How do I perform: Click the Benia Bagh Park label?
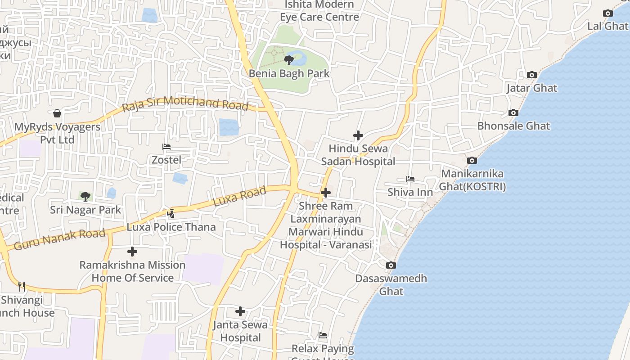point(289,73)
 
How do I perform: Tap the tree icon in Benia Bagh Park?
point(288,60)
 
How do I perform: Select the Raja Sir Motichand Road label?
point(185,103)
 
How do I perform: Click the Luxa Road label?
point(239,197)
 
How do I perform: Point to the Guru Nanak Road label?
point(59,239)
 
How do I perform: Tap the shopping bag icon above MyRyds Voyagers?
point(57,113)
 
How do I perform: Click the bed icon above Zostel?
point(166,147)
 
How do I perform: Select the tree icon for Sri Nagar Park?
point(85,197)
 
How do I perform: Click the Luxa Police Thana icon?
point(171,214)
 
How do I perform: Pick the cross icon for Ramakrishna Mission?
point(132,252)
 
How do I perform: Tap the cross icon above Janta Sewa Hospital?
point(240,311)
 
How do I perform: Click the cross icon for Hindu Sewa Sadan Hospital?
point(358,135)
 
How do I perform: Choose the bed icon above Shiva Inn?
point(410,179)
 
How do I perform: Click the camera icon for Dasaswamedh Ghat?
point(391,265)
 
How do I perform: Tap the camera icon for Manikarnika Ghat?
point(472,161)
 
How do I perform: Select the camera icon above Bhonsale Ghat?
point(513,113)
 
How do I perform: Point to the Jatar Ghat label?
point(531,88)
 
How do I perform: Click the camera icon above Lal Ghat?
point(608,13)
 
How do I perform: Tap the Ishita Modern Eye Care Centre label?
point(319,11)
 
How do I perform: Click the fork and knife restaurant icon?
point(22,286)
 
